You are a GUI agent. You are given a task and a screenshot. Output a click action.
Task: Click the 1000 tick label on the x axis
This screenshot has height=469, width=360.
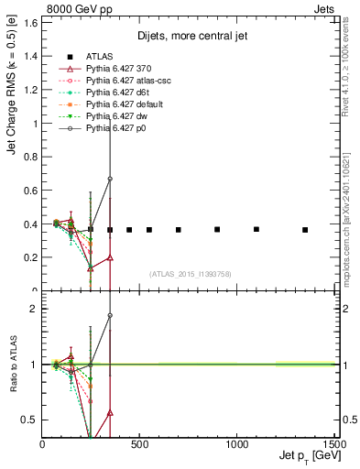237,446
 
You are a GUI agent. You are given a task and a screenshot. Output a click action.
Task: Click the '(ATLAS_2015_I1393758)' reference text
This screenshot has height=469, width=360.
190,273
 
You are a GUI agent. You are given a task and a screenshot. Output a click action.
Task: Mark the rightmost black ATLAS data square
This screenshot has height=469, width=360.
305,230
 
